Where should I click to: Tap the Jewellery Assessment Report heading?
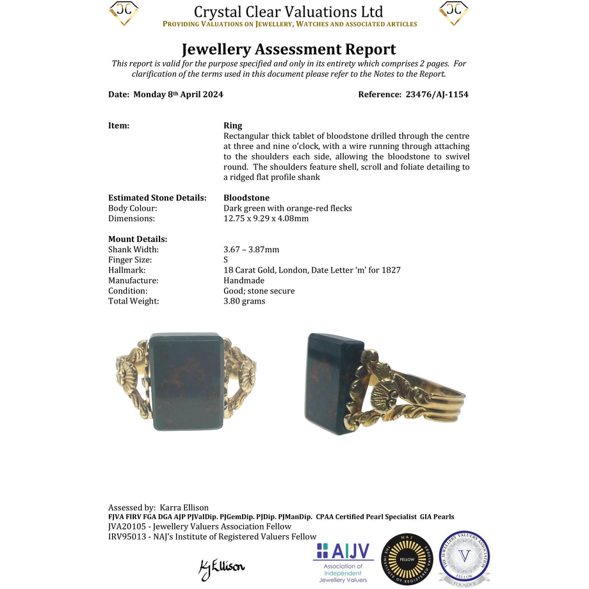[289, 49]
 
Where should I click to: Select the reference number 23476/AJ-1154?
[437, 94]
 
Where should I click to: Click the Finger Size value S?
[226, 260]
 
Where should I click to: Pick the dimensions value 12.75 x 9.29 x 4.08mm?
[266, 218]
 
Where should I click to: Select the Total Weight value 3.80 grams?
[244, 301]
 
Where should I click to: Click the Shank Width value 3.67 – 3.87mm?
[251, 250]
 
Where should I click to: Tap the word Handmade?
[244, 280]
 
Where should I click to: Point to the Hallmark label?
[127, 270]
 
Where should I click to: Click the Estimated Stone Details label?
[157, 198]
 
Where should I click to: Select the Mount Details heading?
[138, 239]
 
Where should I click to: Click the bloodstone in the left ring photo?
[187, 382]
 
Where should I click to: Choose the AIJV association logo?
[343, 561]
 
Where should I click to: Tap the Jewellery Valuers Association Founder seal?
[464, 558]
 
